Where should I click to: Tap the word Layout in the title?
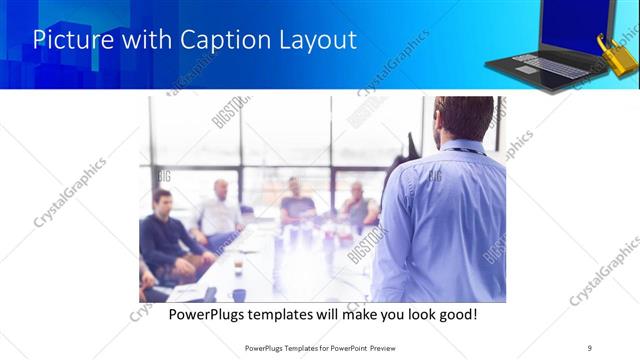pos(317,41)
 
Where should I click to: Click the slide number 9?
pos(590,347)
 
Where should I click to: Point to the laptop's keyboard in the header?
pos(545,65)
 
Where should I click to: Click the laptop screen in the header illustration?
pos(574,25)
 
